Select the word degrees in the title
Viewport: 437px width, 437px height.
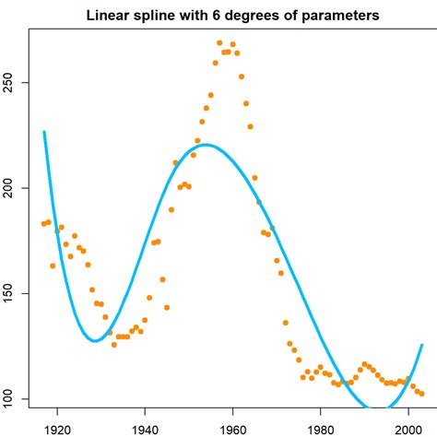(262, 16)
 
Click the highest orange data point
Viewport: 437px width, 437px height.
(219, 43)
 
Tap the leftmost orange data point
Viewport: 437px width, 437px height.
(43, 224)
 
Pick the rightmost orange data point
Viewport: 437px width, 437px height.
(421, 394)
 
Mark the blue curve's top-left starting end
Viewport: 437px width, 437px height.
(43, 132)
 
